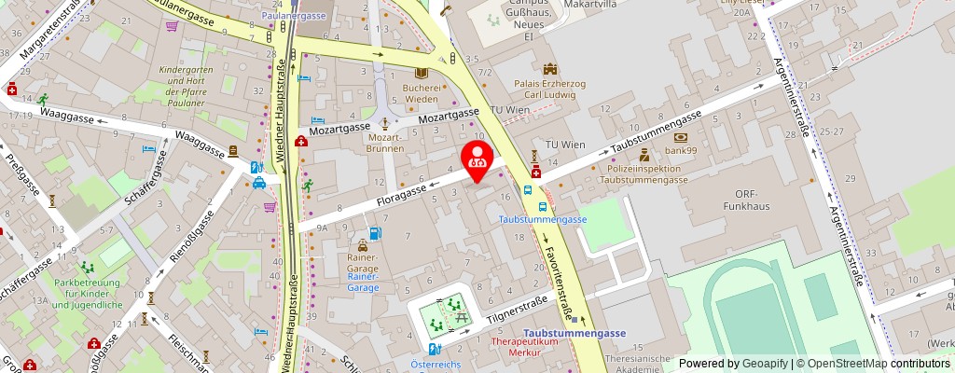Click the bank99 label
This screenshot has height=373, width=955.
coord(681,149)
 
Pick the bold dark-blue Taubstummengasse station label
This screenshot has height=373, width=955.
coord(574,333)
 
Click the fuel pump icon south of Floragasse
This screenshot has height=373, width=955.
coord(375,234)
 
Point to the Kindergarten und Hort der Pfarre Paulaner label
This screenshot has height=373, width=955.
coord(187,84)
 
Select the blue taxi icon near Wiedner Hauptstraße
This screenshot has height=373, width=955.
coord(258,183)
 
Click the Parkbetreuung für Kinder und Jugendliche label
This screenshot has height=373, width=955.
coord(88,294)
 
